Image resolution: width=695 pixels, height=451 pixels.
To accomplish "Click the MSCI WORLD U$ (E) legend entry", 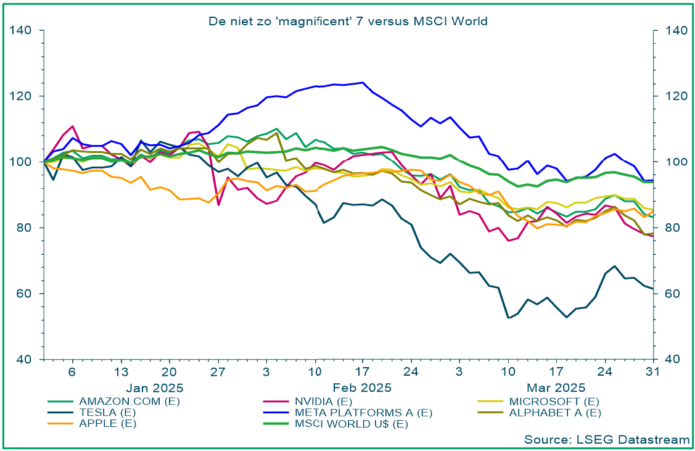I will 352,423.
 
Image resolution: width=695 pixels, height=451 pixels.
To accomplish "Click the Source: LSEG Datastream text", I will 607,439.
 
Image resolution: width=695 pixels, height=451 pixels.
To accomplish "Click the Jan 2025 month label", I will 156,388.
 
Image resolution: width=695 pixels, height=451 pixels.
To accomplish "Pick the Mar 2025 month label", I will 557,388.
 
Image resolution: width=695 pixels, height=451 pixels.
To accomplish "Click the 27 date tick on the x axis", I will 217,372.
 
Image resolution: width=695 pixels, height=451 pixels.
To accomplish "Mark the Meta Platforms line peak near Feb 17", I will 362,82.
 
